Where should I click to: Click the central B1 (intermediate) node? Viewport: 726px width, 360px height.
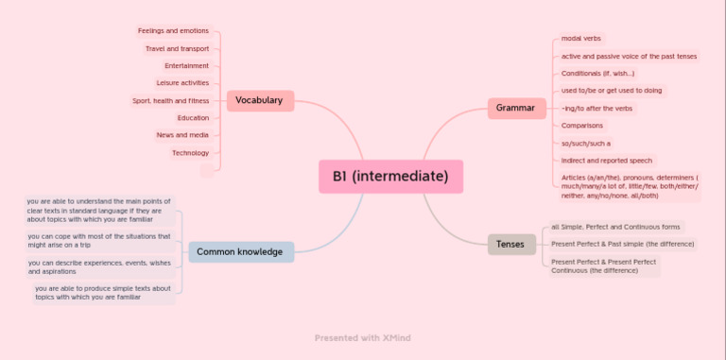(390, 177)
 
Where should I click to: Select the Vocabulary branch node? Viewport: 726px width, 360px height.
(260, 100)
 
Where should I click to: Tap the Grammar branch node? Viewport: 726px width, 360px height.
(515, 109)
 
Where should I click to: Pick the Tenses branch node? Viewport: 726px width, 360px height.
(510, 245)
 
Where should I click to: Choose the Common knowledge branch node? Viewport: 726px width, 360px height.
(241, 251)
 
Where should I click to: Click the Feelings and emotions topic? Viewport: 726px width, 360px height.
(173, 31)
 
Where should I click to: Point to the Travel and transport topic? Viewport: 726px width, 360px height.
(177, 48)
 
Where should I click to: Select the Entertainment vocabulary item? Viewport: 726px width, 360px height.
(186, 65)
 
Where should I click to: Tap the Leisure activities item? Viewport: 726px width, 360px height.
(182, 83)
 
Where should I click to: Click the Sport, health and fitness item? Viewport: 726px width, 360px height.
(170, 100)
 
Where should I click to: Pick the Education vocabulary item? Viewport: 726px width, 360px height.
(193, 118)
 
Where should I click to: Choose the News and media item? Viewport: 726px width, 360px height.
(182, 135)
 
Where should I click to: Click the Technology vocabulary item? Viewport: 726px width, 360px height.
(190, 152)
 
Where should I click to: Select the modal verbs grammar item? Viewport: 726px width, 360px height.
(581, 39)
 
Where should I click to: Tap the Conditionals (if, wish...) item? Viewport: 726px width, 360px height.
(598, 74)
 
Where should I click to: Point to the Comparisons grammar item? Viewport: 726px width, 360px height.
(582, 126)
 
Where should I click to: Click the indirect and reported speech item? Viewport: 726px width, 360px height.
(607, 161)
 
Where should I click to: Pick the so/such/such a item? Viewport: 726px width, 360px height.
(586, 144)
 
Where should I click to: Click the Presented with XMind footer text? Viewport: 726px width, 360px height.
(363, 337)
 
